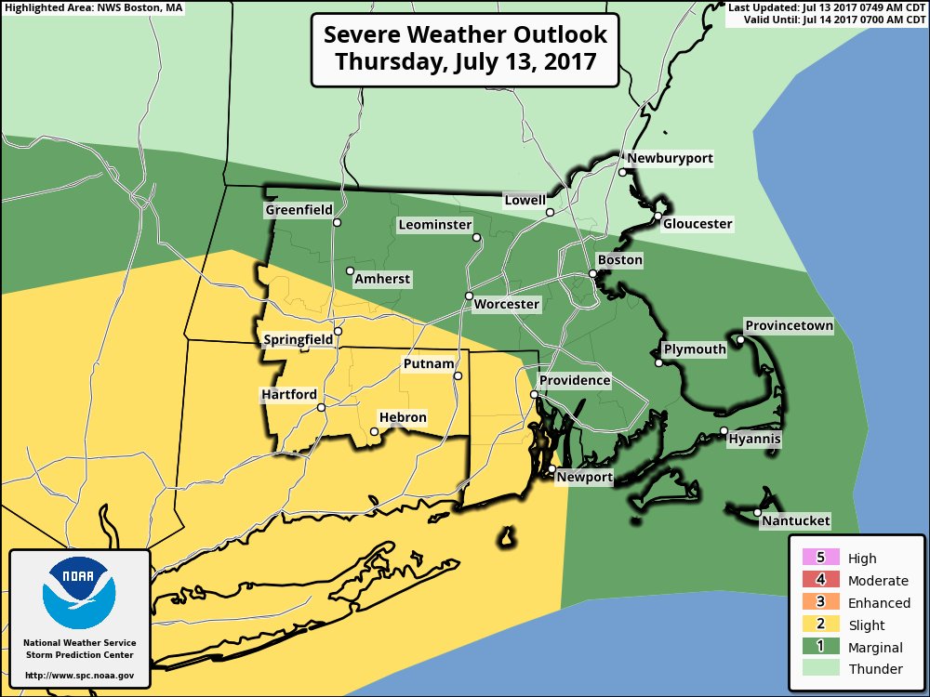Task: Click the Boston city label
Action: (619, 260)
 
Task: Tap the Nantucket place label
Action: (795, 521)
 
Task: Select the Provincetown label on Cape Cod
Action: (789, 325)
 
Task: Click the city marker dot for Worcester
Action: (470, 296)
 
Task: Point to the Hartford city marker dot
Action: (321, 407)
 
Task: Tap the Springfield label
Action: (298, 340)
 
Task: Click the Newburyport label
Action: (670, 159)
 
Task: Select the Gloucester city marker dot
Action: (658, 217)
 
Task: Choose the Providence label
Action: (575, 380)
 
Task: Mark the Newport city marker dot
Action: (551, 469)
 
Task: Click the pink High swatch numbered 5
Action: (819, 558)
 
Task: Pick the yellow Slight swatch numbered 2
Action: (819, 625)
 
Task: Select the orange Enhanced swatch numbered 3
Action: (819, 602)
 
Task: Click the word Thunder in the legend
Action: (875, 669)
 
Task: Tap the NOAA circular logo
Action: (79, 593)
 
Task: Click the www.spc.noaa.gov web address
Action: (79, 675)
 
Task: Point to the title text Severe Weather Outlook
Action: (465, 35)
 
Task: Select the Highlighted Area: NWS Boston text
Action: (92, 7)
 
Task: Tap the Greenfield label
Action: (299, 210)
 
